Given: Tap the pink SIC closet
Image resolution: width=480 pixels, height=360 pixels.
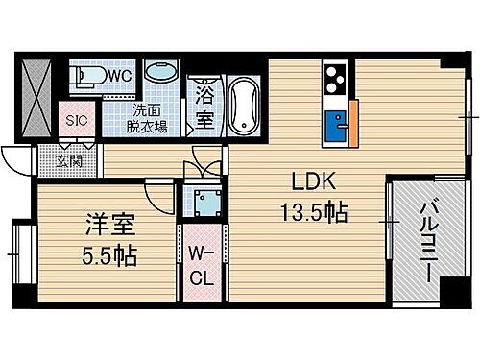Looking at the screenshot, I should point(76,122).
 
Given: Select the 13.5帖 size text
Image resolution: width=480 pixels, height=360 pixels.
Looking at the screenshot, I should point(314,209).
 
